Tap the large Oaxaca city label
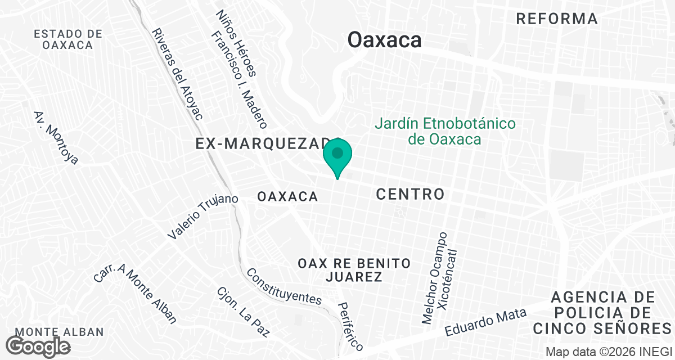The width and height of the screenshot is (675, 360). pyautogui.click(x=385, y=40)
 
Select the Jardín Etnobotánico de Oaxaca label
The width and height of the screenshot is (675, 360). pyautogui.click(x=445, y=131)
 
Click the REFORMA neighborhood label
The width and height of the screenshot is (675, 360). pyautogui.click(x=557, y=19)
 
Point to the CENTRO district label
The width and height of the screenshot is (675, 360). pyautogui.click(x=410, y=195)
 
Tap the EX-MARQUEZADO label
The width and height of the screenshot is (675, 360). pyautogui.click(x=264, y=144)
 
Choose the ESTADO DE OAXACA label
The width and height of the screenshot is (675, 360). pyautogui.click(x=68, y=39)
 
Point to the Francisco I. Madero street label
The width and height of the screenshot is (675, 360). pyautogui.click(x=239, y=79)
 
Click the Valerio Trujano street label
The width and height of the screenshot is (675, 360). pyautogui.click(x=203, y=217)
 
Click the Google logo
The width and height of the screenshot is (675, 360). pyautogui.click(x=38, y=346)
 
